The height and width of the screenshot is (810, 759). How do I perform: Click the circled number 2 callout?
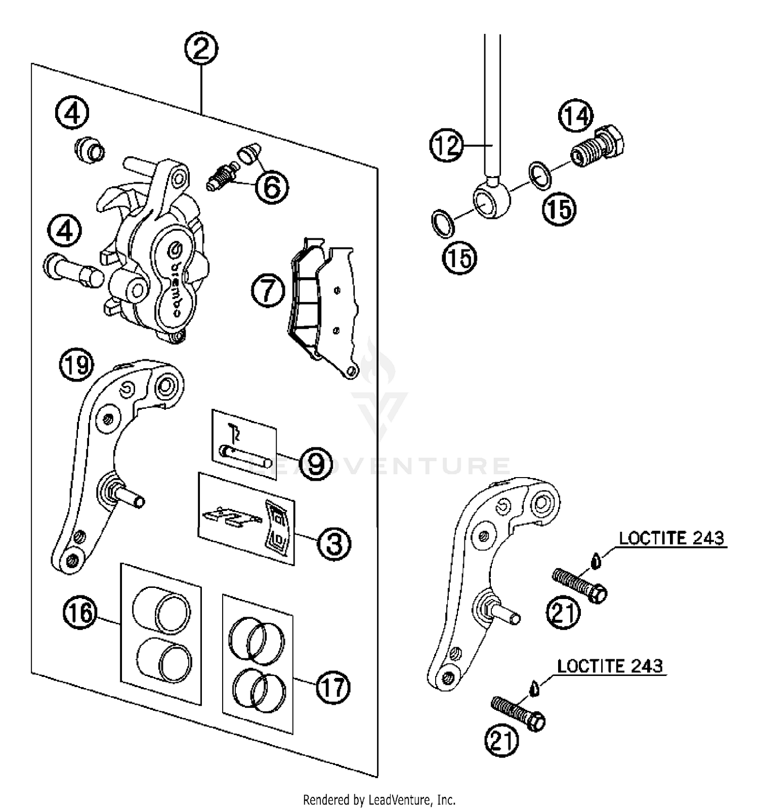tap(201, 50)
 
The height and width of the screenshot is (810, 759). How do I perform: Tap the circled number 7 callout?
tap(268, 292)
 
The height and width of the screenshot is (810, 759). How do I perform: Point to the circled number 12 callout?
tap(447, 146)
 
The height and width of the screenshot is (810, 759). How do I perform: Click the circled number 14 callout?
tap(576, 117)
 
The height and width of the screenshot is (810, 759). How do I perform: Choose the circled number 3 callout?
tap(334, 543)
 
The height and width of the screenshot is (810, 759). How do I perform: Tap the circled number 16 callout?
tap(80, 613)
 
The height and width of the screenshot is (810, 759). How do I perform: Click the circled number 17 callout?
tap(333, 687)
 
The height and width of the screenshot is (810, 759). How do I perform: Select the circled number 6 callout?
tap(272, 188)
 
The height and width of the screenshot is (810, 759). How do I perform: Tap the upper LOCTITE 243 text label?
tap(671, 538)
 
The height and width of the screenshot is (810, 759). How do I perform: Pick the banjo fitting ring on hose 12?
tap(491, 201)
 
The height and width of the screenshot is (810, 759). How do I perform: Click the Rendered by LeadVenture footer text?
tap(379, 800)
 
